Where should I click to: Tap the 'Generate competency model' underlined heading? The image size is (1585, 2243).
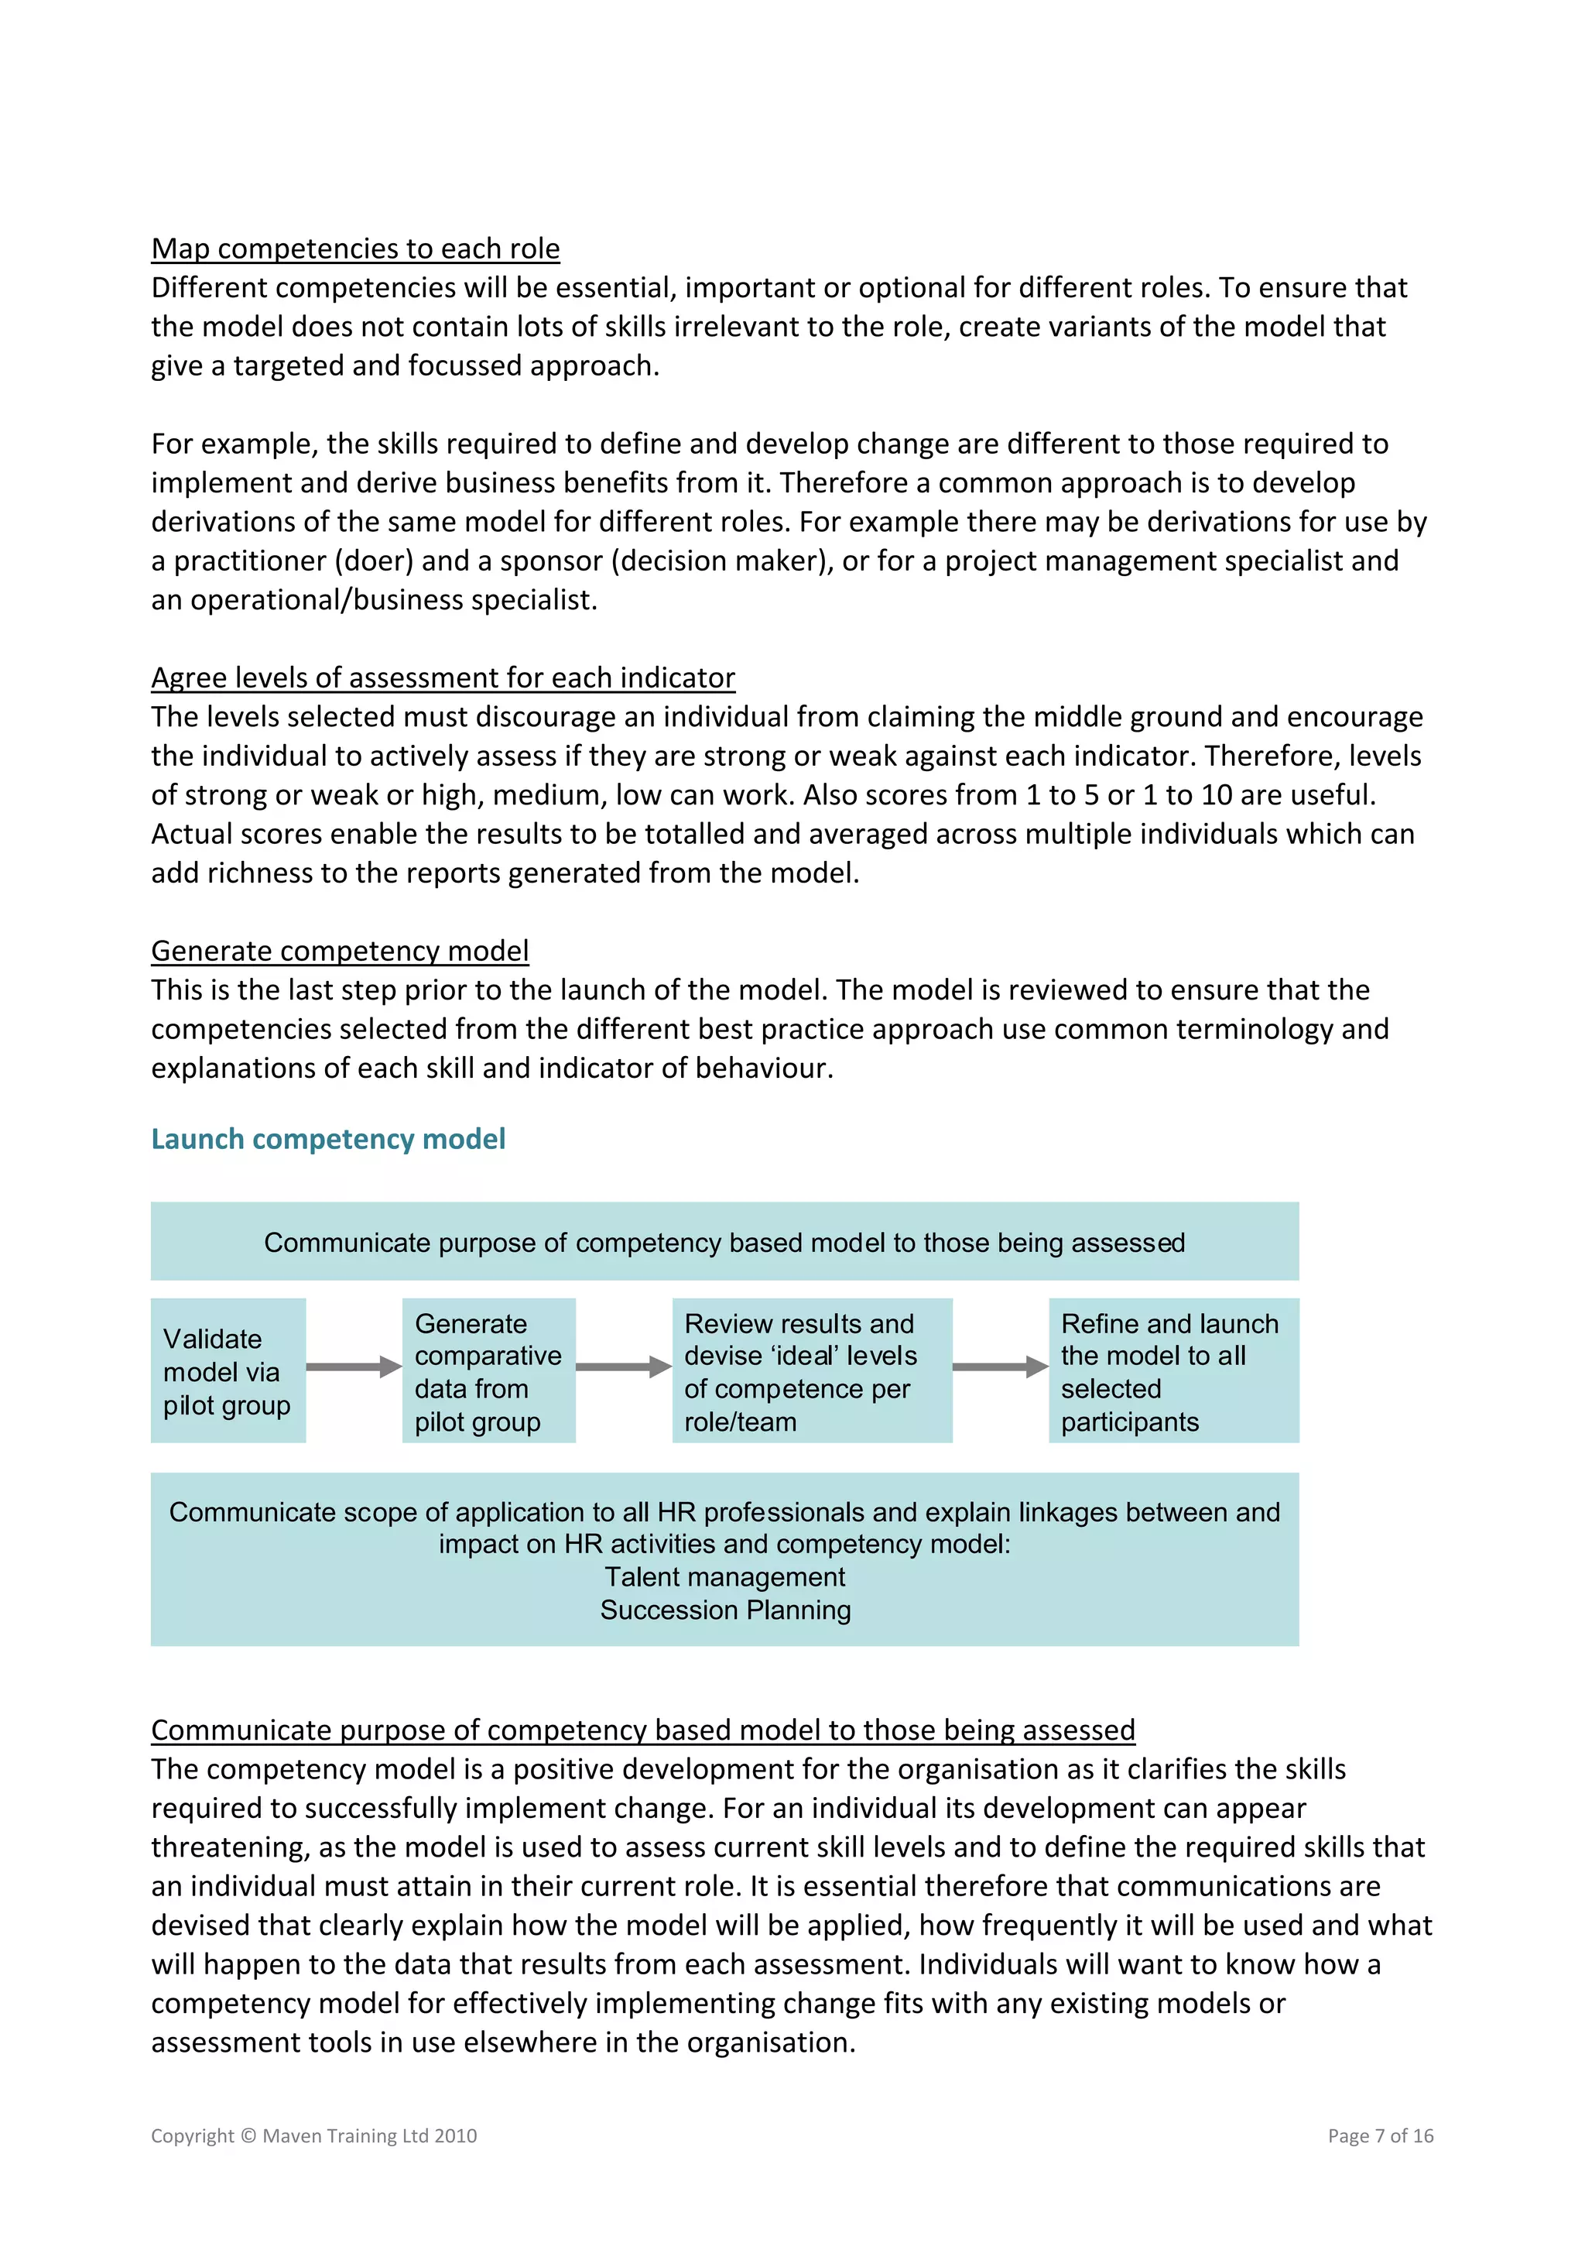pos(340,951)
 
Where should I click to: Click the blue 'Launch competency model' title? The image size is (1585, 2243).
pos(328,1139)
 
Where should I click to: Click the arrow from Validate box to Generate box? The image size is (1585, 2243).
pos(354,1367)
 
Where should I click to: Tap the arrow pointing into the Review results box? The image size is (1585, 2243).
pos(623,1367)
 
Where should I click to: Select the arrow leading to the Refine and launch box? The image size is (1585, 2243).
pos(1000,1367)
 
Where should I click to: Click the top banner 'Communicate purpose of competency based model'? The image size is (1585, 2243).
pos(724,1242)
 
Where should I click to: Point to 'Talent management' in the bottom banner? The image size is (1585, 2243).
pos(724,1576)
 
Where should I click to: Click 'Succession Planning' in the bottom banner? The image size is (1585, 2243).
pos(724,1610)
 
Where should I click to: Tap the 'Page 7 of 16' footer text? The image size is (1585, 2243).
pos(1380,2135)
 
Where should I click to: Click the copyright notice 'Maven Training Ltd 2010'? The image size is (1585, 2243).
pos(369,2135)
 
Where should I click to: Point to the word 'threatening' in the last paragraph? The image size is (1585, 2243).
pos(228,1847)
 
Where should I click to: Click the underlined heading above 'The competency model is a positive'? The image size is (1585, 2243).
pos(642,1730)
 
